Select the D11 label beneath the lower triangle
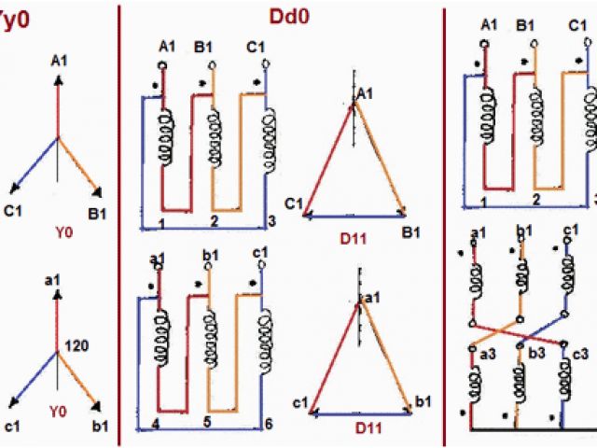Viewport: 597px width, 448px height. click(358, 428)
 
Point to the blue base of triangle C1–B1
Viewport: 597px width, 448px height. click(355, 216)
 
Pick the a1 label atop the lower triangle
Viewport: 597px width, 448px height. click(371, 296)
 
